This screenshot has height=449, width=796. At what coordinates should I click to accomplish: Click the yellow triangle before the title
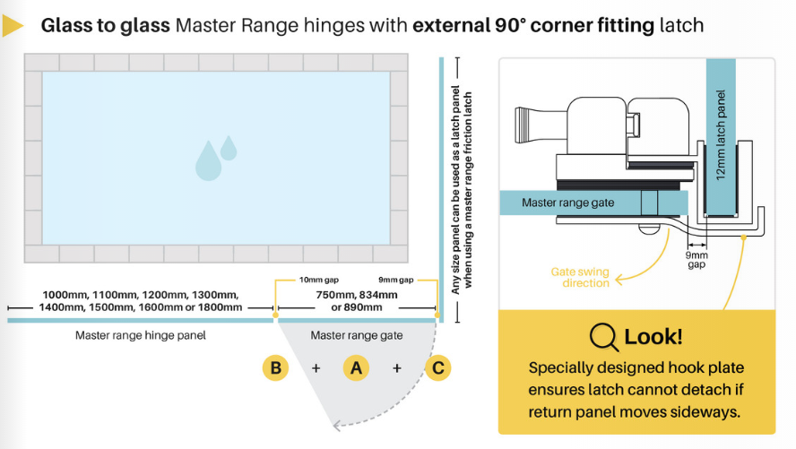click(x=13, y=26)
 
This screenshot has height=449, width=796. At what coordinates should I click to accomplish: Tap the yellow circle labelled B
click(x=276, y=367)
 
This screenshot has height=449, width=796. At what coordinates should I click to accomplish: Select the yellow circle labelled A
click(x=356, y=367)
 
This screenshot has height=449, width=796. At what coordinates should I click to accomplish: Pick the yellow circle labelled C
click(x=437, y=367)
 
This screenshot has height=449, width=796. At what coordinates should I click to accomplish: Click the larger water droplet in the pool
click(x=208, y=160)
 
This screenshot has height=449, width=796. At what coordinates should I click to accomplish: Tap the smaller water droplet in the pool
click(x=229, y=148)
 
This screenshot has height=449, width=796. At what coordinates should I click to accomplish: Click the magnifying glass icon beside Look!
click(x=604, y=337)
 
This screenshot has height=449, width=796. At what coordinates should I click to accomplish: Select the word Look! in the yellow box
click(x=653, y=337)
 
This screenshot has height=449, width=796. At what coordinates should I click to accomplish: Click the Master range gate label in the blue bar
click(x=568, y=203)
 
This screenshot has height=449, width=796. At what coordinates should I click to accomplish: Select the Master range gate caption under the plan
click(x=356, y=336)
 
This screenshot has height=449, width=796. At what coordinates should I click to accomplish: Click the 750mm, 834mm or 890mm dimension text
click(x=357, y=301)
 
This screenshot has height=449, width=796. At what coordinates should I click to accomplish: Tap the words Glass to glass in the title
click(x=106, y=25)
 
